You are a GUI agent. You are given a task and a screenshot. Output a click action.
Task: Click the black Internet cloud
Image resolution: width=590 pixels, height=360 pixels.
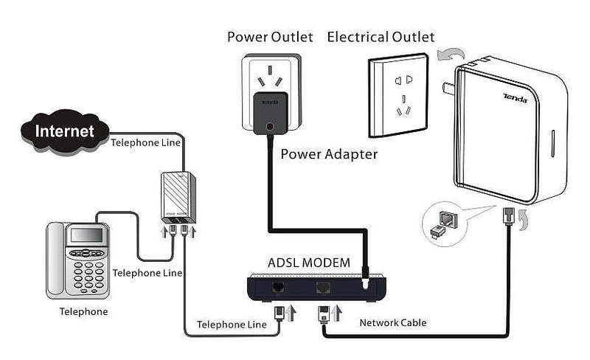[65, 131]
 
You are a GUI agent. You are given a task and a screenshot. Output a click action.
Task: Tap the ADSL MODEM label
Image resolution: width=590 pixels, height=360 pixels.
[310, 262]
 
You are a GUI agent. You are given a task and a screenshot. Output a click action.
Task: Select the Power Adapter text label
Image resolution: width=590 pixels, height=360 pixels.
[329, 155]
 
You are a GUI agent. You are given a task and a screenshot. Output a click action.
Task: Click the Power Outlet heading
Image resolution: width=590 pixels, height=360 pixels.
[270, 37]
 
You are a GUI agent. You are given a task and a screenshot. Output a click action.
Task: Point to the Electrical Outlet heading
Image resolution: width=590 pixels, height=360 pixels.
[381, 37]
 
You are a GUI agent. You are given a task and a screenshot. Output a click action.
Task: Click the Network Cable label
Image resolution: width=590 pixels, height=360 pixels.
[392, 322]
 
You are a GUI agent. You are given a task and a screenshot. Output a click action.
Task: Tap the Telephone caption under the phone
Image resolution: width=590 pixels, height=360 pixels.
[83, 311]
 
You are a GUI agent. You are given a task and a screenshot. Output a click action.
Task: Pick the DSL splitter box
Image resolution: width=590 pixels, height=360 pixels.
[178, 197]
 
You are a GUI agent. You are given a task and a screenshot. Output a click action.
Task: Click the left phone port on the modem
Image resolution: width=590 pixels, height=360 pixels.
[279, 288]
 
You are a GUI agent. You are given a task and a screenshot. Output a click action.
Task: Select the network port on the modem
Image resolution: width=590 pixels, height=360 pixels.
[323, 288]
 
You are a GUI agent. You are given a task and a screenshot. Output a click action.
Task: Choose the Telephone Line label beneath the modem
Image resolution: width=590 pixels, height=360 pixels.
[232, 325]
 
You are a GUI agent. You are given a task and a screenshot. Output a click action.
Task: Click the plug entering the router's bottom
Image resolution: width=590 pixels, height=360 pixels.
[508, 216]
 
